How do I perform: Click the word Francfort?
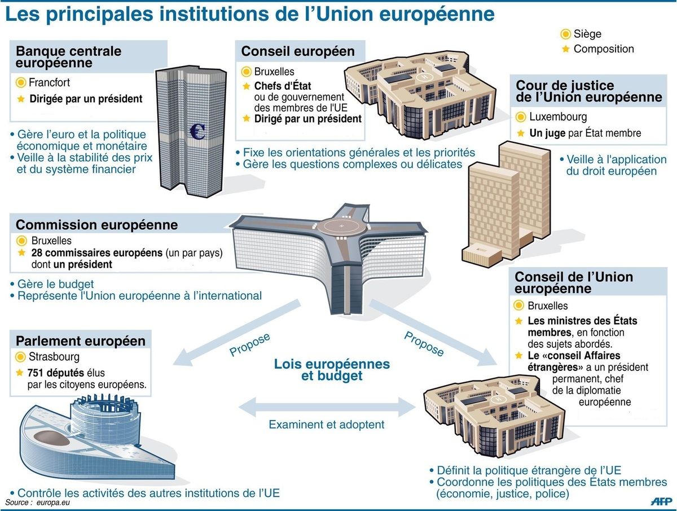[x=49, y=82]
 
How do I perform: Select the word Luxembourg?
[x=558, y=117]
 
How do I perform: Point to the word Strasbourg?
[x=54, y=357]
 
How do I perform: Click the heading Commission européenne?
[x=96, y=225]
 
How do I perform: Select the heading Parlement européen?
[x=81, y=341]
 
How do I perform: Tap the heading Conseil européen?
[x=298, y=51]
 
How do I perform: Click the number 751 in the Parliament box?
[x=35, y=373]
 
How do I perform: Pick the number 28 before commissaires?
[x=37, y=253]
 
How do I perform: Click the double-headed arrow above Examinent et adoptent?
[x=327, y=407]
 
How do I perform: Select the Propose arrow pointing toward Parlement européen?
[x=236, y=333]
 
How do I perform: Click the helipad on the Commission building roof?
[x=342, y=227]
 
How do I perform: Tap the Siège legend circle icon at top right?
[x=565, y=34]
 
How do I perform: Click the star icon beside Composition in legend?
[x=565, y=49]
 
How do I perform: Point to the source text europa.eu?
[x=53, y=503]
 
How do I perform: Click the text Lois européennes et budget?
[x=332, y=370]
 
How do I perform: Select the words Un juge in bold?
[x=547, y=133]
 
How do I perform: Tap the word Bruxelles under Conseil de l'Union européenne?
[x=547, y=305]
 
